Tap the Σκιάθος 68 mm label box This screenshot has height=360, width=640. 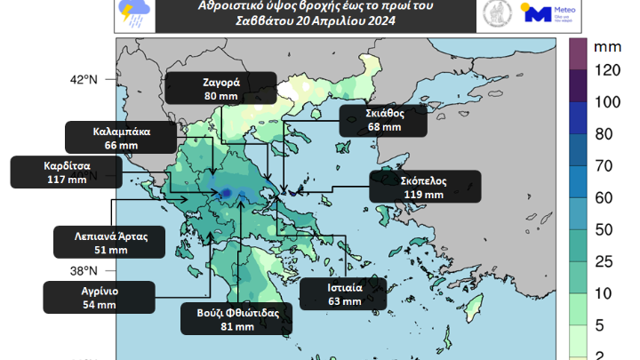pyautogui.click(x=383, y=120)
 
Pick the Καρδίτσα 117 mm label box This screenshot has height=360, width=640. pyautogui.click(x=54, y=172)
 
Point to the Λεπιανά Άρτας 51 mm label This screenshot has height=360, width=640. pyautogui.click(x=105, y=244)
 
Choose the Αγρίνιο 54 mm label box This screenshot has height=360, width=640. pyautogui.click(x=99, y=298)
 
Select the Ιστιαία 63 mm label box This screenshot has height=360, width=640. pyautogui.click(x=343, y=294)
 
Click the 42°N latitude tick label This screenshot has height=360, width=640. pyautogui.click(x=84, y=80)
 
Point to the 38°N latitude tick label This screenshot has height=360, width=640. pyautogui.click(x=84, y=271)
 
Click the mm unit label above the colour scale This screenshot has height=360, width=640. pyautogui.click(x=607, y=44)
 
